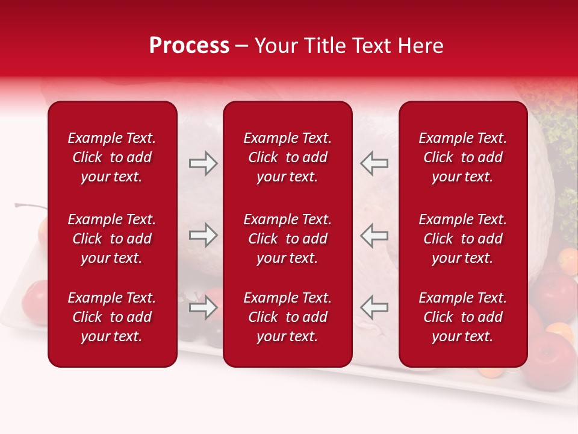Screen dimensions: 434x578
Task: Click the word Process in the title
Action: [x=189, y=46]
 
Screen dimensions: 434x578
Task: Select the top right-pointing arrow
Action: [x=204, y=163]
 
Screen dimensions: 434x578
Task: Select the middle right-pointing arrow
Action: [x=204, y=235]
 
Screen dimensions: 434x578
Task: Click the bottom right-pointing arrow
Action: [x=204, y=308]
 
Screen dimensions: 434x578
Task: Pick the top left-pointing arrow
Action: [x=374, y=163]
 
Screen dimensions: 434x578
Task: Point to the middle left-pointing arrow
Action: [x=374, y=235]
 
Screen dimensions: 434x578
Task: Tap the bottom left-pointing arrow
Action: [x=374, y=308]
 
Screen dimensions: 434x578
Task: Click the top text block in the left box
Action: [x=112, y=157]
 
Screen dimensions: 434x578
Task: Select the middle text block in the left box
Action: [x=112, y=239]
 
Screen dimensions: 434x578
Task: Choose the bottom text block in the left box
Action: [x=112, y=317]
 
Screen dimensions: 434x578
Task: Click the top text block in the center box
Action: [x=287, y=157]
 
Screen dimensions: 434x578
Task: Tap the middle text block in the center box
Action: [x=287, y=239]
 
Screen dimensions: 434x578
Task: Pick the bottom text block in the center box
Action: [x=287, y=317]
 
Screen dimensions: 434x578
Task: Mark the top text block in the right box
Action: [x=462, y=157]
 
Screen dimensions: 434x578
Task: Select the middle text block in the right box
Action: [x=462, y=239]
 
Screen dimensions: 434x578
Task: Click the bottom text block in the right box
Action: [x=462, y=317]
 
